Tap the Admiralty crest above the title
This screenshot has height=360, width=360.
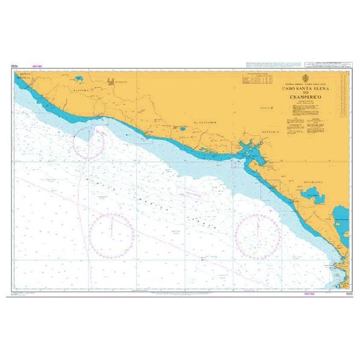point(306,79)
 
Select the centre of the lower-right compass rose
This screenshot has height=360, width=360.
point(257,236)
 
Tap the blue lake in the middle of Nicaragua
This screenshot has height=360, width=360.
point(311,195)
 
